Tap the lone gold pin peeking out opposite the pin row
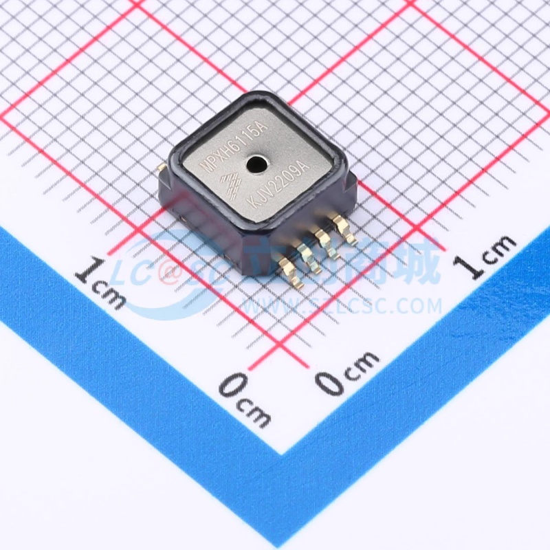[x=160, y=167]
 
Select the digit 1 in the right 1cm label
[x=474, y=264]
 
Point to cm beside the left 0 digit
[x=256, y=411]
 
